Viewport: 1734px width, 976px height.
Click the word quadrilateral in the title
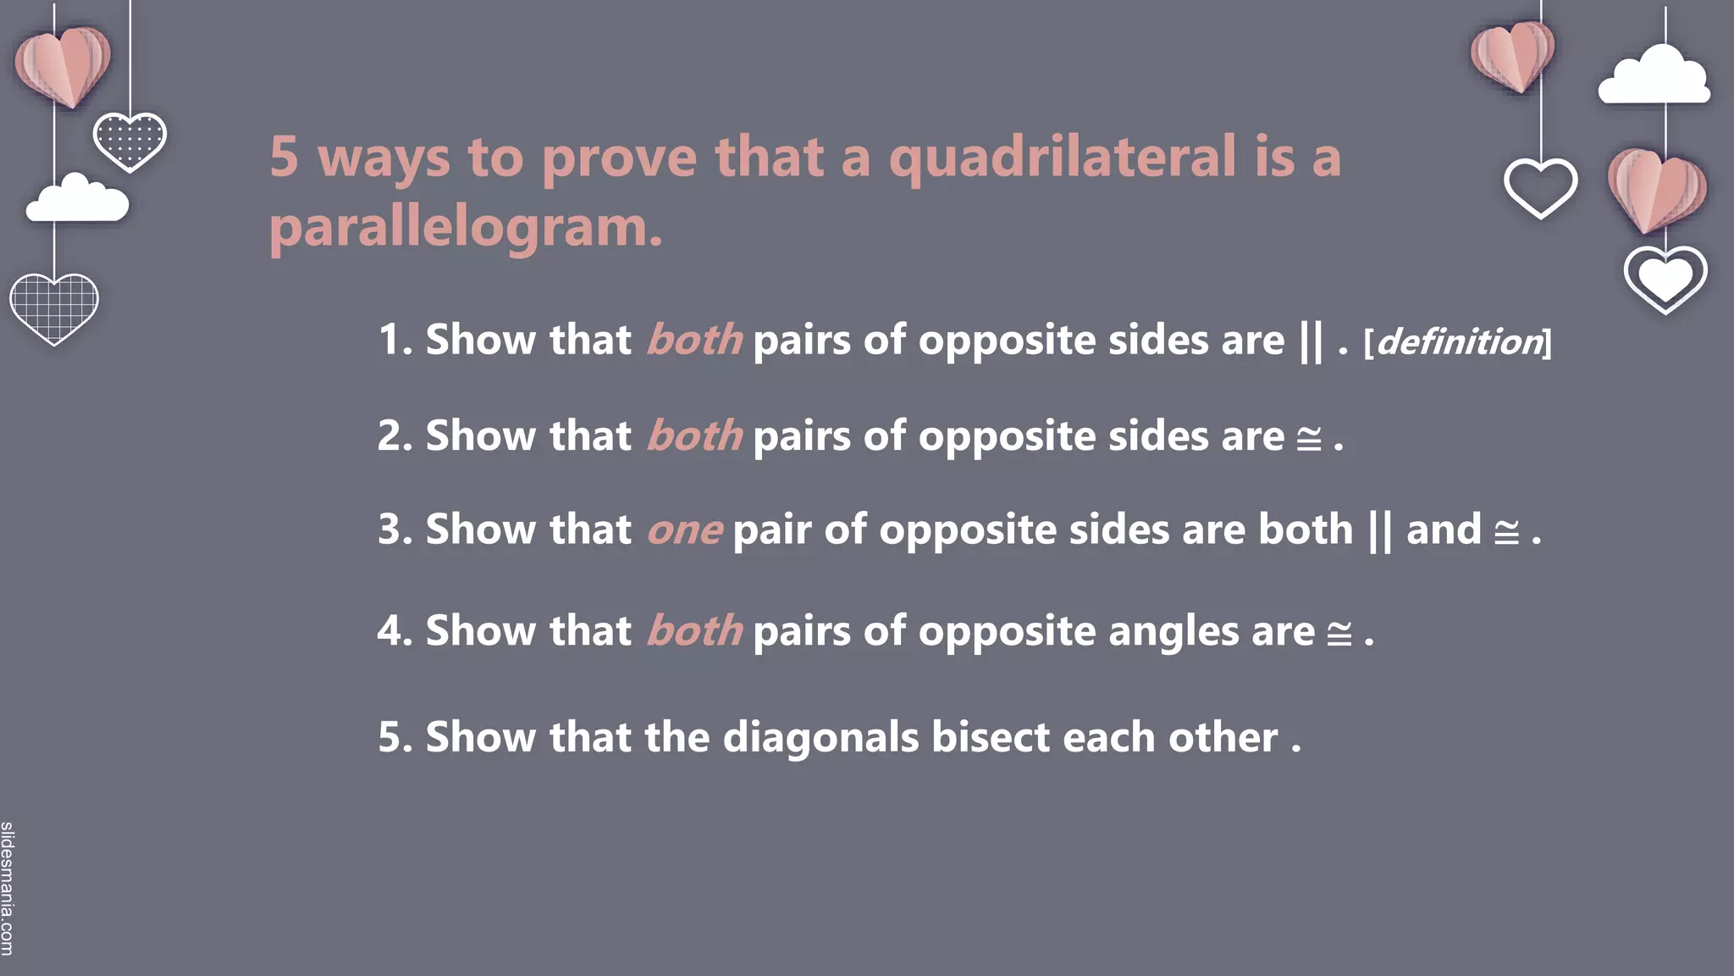point(1062,158)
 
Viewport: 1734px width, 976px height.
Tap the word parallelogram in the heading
point(465,229)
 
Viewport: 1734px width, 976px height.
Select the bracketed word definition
point(1458,342)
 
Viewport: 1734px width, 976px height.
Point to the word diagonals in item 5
point(820,737)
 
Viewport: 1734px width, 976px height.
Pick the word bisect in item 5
point(991,737)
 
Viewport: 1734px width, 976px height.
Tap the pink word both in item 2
point(694,437)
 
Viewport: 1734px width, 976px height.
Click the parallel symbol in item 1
point(1310,341)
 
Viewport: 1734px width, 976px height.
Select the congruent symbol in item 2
point(1309,439)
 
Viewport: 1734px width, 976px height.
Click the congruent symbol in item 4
point(1339,634)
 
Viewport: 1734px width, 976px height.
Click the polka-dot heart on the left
point(130,141)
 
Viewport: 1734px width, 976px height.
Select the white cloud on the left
point(77,200)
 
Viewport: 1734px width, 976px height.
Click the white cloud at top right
point(1654,77)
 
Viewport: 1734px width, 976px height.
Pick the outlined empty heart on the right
point(1540,187)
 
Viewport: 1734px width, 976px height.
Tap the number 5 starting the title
point(284,158)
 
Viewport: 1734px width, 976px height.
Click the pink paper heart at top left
point(63,66)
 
